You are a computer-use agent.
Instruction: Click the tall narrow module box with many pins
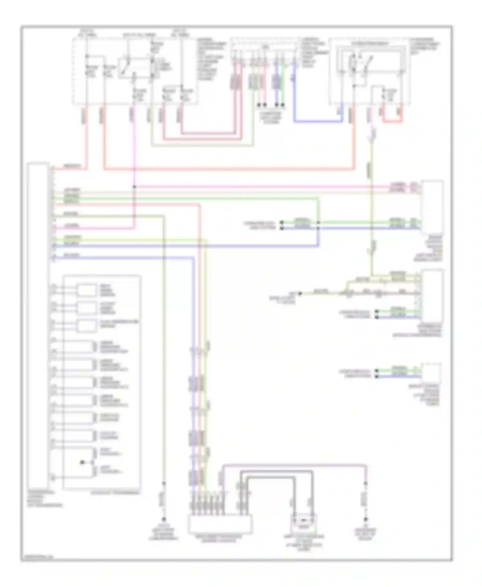tap(38, 324)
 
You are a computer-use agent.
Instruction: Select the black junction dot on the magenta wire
tap(134, 187)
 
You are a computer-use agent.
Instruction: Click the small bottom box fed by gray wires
tap(303, 523)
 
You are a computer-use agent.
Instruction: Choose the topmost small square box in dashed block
tap(86, 290)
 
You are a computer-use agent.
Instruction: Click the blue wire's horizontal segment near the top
tap(318, 121)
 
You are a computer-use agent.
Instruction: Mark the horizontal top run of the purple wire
tap(294, 465)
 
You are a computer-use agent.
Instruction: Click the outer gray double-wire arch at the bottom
tap(276, 471)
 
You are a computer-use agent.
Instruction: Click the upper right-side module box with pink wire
tap(432, 206)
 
